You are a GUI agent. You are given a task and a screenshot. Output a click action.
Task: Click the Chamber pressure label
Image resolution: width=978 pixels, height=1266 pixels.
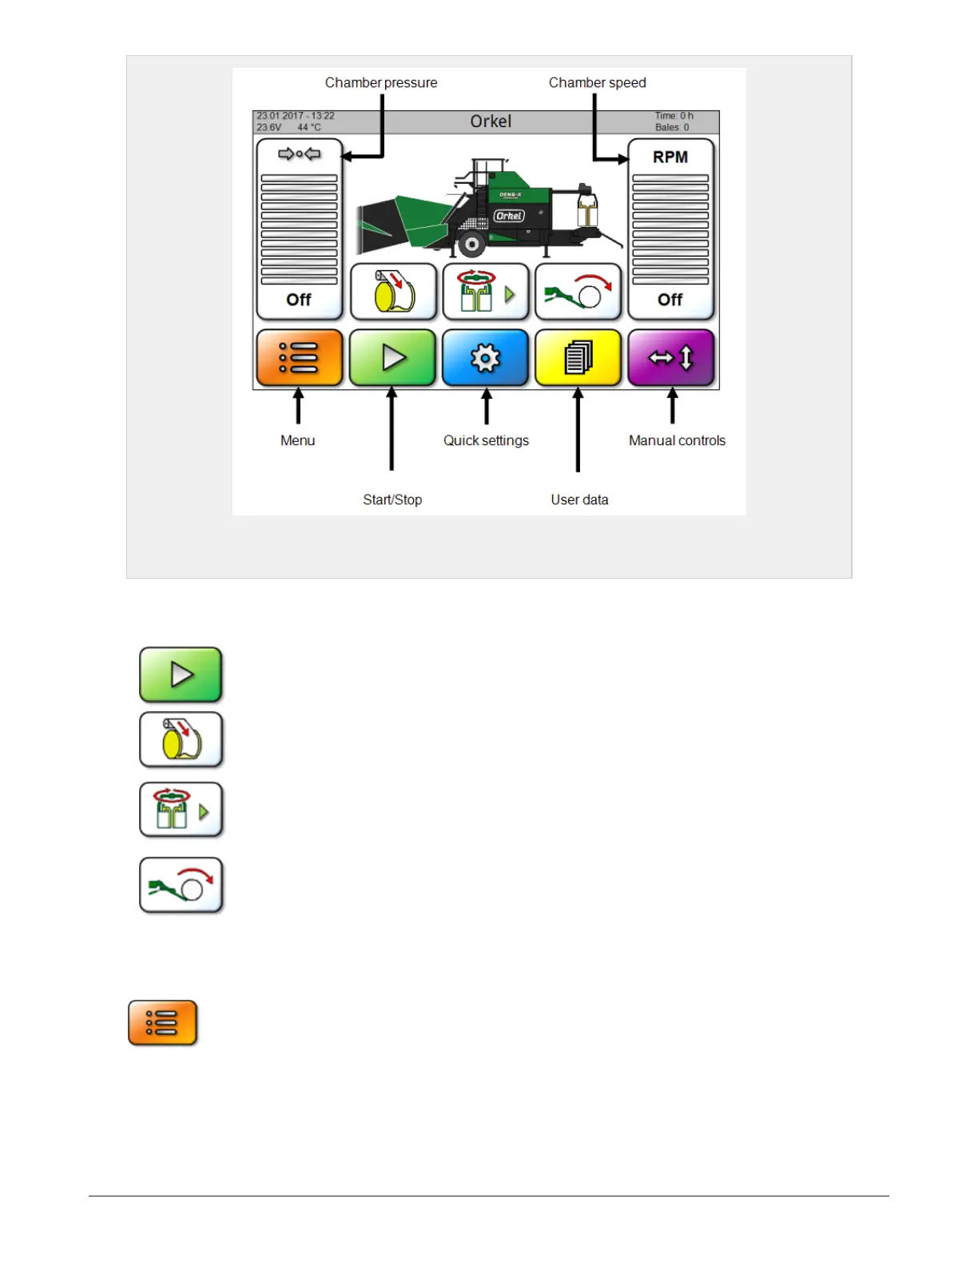[381, 82]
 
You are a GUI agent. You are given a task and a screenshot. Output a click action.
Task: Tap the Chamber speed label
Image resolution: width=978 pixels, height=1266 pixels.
[597, 82]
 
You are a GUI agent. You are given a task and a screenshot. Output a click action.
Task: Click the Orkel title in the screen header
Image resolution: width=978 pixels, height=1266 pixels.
[491, 121]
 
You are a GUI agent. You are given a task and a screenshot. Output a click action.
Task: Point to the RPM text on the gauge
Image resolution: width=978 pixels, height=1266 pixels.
[670, 157]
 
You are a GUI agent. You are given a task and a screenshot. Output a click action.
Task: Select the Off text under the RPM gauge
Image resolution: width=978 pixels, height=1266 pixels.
[670, 300]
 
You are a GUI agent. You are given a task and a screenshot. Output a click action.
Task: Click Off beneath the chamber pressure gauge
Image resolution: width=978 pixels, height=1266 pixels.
[299, 300]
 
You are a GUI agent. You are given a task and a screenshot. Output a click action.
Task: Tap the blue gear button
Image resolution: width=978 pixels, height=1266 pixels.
[485, 358]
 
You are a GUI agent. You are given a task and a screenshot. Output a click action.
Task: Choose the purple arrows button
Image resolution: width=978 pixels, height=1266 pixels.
[671, 358]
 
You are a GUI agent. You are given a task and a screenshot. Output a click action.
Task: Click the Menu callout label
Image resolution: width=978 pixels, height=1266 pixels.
[297, 440]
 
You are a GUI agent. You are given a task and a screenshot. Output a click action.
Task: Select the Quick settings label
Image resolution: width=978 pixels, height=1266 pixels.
[486, 440]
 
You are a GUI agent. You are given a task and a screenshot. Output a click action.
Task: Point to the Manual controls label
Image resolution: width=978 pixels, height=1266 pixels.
[677, 440]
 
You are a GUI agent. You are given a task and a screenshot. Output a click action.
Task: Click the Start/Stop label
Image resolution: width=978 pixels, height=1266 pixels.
[392, 500]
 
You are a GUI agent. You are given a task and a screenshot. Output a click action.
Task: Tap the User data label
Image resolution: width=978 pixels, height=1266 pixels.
[579, 500]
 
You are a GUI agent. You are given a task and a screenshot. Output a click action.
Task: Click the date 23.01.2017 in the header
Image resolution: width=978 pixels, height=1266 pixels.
[280, 116]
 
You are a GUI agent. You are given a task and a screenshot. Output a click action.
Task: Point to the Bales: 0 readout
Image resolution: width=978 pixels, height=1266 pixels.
[672, 127]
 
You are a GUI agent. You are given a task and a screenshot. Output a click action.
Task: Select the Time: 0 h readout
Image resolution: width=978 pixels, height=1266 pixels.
[674, 116]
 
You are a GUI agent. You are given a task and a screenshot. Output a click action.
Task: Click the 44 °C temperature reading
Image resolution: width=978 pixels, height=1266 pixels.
[309, 127]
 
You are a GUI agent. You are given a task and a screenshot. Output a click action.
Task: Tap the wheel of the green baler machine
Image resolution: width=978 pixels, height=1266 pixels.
[472, 244]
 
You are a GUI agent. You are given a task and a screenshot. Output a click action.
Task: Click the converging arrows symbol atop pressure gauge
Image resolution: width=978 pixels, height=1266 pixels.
[299, 154]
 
